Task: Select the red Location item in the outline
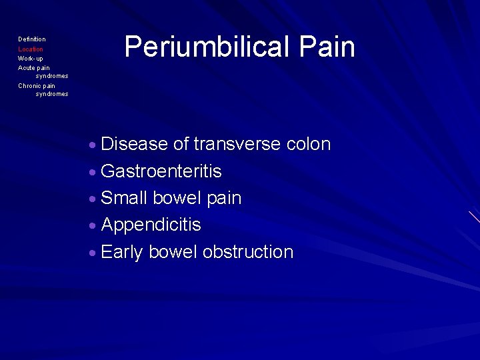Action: click(31, 49)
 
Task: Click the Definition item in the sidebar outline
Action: click(32, 40)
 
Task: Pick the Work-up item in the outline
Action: click(31, 59)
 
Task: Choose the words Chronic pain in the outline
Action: click(37, 86)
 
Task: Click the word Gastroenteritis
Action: click(161, 172)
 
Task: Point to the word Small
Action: click(125, 199)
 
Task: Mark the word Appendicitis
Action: click(151, 225)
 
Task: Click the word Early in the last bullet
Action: click(122, 253)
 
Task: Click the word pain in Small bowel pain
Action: click(224, 199)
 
